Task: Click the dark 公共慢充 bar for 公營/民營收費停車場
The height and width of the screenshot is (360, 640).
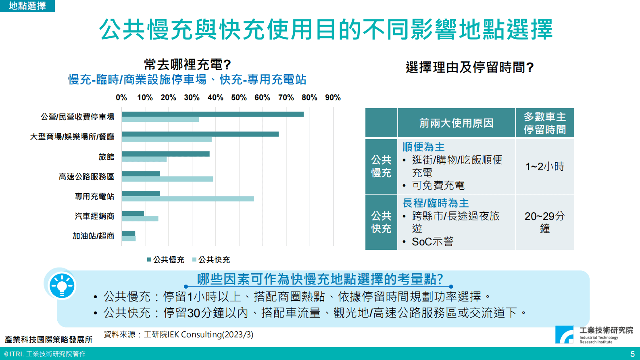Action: click(x=213, y=114)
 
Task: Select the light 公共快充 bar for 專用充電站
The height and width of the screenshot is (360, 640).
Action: click(x=188, y=199)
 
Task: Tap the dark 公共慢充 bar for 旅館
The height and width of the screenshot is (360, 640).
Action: click(x=165, y=154)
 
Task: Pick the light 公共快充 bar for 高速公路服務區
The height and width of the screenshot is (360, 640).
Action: click(x=167, y=179)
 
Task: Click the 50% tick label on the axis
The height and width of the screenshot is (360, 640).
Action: click(x=239, y=98)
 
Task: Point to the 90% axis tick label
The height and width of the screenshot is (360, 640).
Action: click(x=333, y=98)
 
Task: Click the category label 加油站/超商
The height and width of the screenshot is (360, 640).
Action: click(x=93, y=236)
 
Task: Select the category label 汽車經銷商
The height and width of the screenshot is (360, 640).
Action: click(x=94, y=216)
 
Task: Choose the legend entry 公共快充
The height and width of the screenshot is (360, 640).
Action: click(x=211, y=260)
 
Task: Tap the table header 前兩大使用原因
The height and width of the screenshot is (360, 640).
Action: click(x=456, y=123)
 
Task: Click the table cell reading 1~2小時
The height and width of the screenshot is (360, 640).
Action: click(x=544, y=167)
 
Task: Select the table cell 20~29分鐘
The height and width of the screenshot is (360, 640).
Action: click(x=544, y=222)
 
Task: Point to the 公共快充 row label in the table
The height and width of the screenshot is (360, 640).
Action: click(x=381, y=222)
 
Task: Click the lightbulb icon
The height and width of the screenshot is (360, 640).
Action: click(x=62, y=286)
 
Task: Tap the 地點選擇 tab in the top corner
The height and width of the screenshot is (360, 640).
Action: click(x=27, y=6)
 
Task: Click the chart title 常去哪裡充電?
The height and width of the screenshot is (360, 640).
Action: click(x=187, y=65)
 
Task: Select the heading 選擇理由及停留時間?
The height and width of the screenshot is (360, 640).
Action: click(x=469, y=67)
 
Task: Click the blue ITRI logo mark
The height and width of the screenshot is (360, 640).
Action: click(x=564, y=335)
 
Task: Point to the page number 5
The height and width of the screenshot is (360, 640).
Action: click(x=632, y=354)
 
